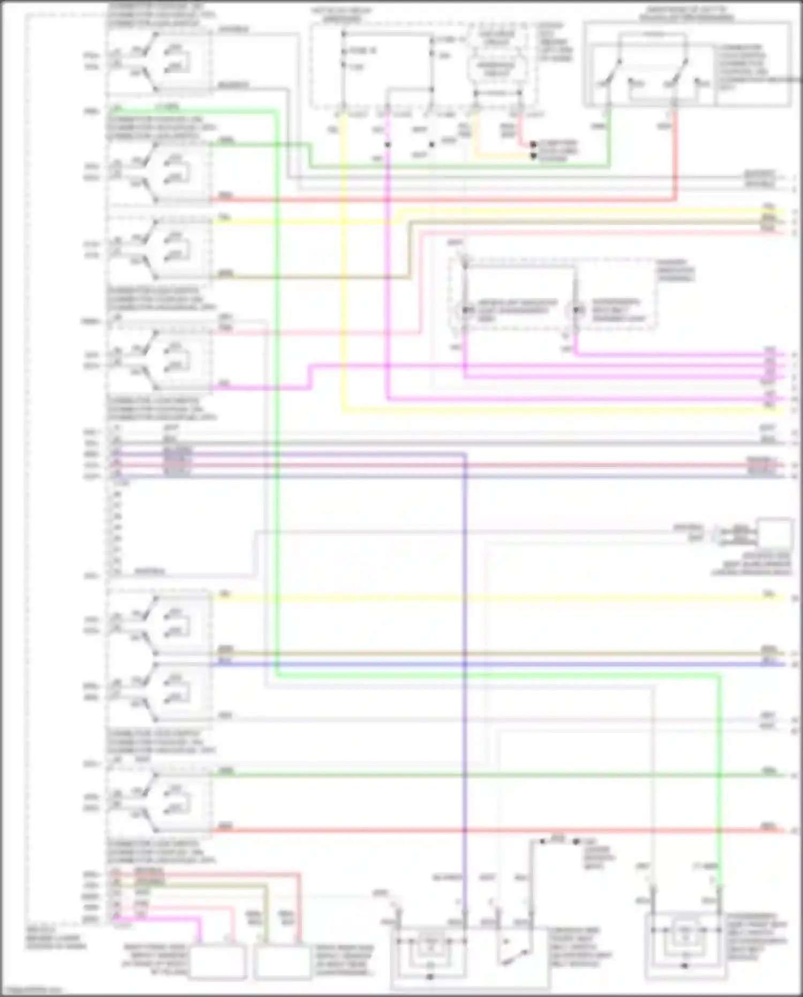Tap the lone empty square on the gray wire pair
pos(774,534)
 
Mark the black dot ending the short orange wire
pos(533,156)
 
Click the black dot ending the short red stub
pos(533,145)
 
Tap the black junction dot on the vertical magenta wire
pos(388,145)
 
